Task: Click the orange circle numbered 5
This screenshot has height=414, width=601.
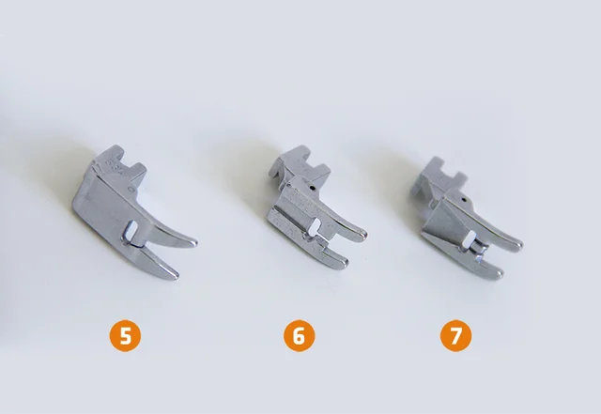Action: (125, 336)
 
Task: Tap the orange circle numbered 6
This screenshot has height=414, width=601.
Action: (299, 336)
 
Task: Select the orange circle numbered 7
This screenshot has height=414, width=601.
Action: (455, 336)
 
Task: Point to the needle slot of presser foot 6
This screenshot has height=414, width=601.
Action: (317, 224)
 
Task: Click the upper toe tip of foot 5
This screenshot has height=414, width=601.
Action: (195, 243)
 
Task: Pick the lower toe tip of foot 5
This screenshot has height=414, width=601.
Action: (176, 276)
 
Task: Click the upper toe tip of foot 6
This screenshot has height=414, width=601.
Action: (364, 234)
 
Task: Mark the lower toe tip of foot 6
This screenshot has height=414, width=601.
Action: (345, 263)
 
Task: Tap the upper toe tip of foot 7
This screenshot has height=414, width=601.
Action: (519, 245)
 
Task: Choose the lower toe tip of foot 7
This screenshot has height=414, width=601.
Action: (500, 273)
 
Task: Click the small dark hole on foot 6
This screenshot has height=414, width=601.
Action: (313, 189)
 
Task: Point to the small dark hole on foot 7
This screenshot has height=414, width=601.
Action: (464, 200)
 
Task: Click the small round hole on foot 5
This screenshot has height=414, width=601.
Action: (132, 190)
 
